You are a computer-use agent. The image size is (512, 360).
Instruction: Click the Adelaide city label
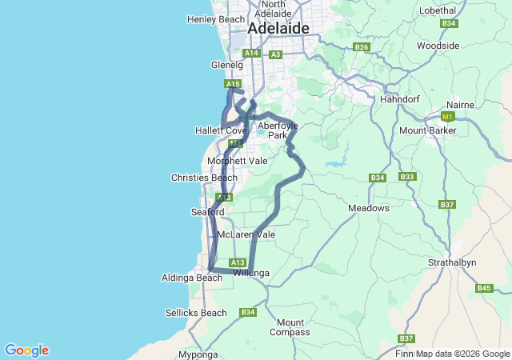[x=278, y=28]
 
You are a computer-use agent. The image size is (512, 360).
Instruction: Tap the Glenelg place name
[x=226, y=66]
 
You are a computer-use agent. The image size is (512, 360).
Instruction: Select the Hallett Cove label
[x=221, y=130]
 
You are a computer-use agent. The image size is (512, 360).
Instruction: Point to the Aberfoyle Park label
[x=277, y=130]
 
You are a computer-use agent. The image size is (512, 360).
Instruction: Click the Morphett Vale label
[x=237, y=161]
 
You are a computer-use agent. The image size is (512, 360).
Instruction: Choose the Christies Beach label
[x=204, y=178]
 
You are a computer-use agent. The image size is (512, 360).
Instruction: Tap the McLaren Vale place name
[x=246, y=235]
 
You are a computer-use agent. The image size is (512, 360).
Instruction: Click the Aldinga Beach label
[x=192, y=278]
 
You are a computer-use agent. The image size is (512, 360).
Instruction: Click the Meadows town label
[x=369, y=208]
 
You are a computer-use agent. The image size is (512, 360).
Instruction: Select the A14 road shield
[x=251, y=54]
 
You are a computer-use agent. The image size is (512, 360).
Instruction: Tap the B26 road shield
[x=362, y=47]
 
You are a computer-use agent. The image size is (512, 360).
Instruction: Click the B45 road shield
[x=484, y=288]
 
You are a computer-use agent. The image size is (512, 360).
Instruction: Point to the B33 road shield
[x=407, y=177]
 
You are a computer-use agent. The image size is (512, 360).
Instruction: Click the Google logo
[x=26, y=350]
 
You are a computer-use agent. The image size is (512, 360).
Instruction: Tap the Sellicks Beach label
[x=196, y=313]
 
